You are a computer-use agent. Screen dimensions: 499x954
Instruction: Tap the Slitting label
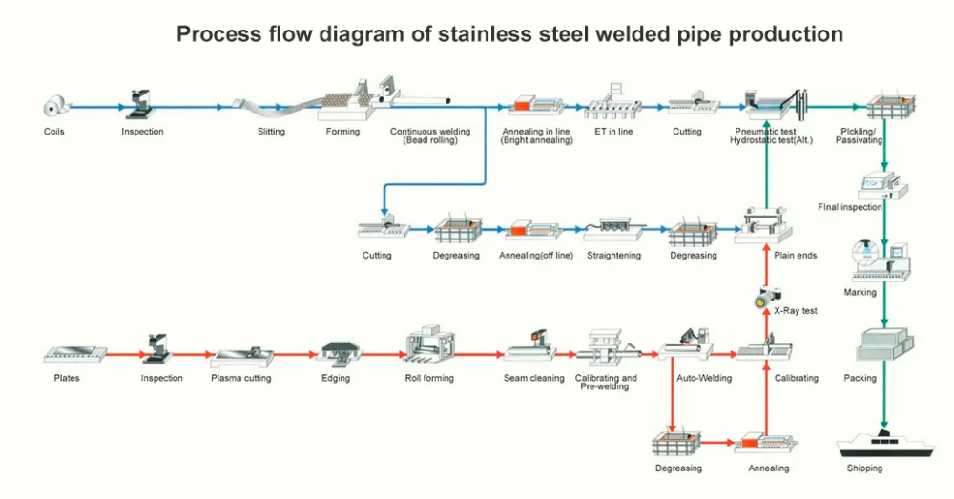(271, 132)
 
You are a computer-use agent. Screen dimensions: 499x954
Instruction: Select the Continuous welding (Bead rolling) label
(425, 136)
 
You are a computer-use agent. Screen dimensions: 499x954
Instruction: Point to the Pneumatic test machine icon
(775, 104)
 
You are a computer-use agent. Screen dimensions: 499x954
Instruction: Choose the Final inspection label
(850, 207)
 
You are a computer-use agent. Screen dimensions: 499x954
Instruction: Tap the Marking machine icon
(878, 259)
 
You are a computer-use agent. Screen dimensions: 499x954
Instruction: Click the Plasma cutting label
(240, 378)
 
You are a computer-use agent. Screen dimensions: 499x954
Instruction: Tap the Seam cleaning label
(533, 378)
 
